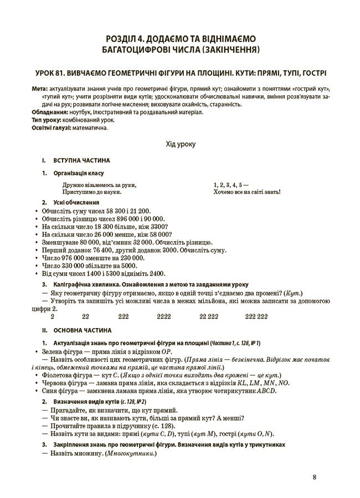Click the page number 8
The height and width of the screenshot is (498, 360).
point(314,478)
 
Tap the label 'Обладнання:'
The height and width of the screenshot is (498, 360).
point(50,112)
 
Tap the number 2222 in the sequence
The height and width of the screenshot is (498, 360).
point(164,316)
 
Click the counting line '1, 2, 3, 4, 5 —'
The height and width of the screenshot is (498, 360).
point(230,185)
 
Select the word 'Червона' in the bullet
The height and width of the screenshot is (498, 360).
point(54,382)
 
